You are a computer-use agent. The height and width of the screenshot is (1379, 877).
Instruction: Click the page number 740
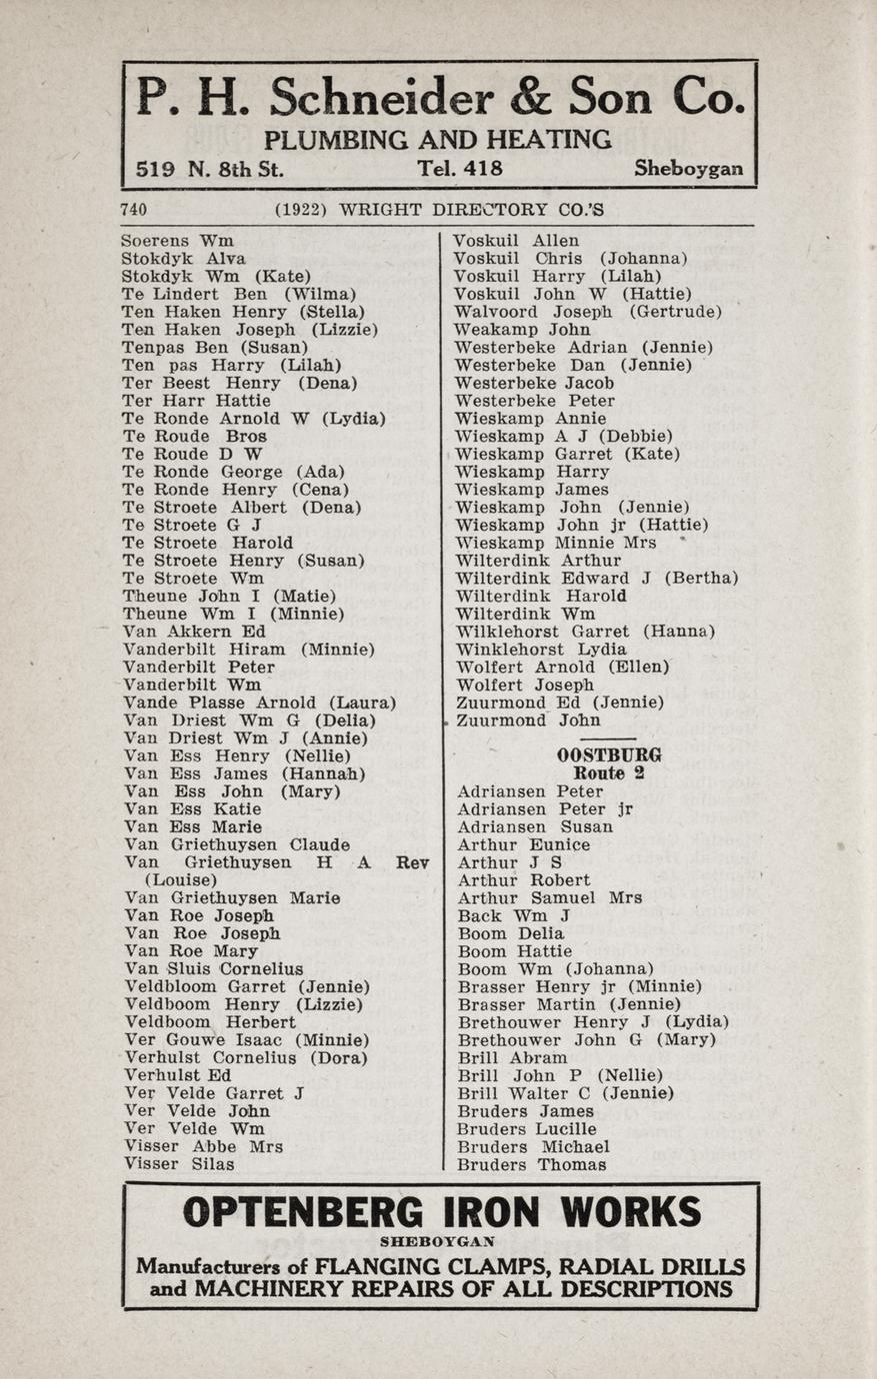(134, 210)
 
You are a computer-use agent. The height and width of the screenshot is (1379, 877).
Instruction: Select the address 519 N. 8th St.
(209, 169)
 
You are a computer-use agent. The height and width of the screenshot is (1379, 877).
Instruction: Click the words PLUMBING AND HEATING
(438, 139)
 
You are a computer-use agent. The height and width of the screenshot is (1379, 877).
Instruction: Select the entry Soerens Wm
(177, 241)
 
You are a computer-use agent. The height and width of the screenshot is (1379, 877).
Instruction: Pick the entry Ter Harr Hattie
(196, 401)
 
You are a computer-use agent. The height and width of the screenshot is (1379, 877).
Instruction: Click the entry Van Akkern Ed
(195, 632)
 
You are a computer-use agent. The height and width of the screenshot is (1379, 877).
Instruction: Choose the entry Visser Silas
(180, 1164)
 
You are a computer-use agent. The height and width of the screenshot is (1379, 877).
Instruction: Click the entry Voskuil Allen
(516, 241)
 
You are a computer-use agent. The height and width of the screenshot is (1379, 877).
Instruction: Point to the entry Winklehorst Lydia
(541, 650)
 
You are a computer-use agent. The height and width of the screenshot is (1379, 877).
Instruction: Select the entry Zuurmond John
(528, 720)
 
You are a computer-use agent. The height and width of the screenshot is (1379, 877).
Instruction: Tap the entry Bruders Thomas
(532, 1165)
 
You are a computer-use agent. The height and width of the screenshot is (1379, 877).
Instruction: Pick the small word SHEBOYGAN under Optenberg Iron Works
(438, 1242)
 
